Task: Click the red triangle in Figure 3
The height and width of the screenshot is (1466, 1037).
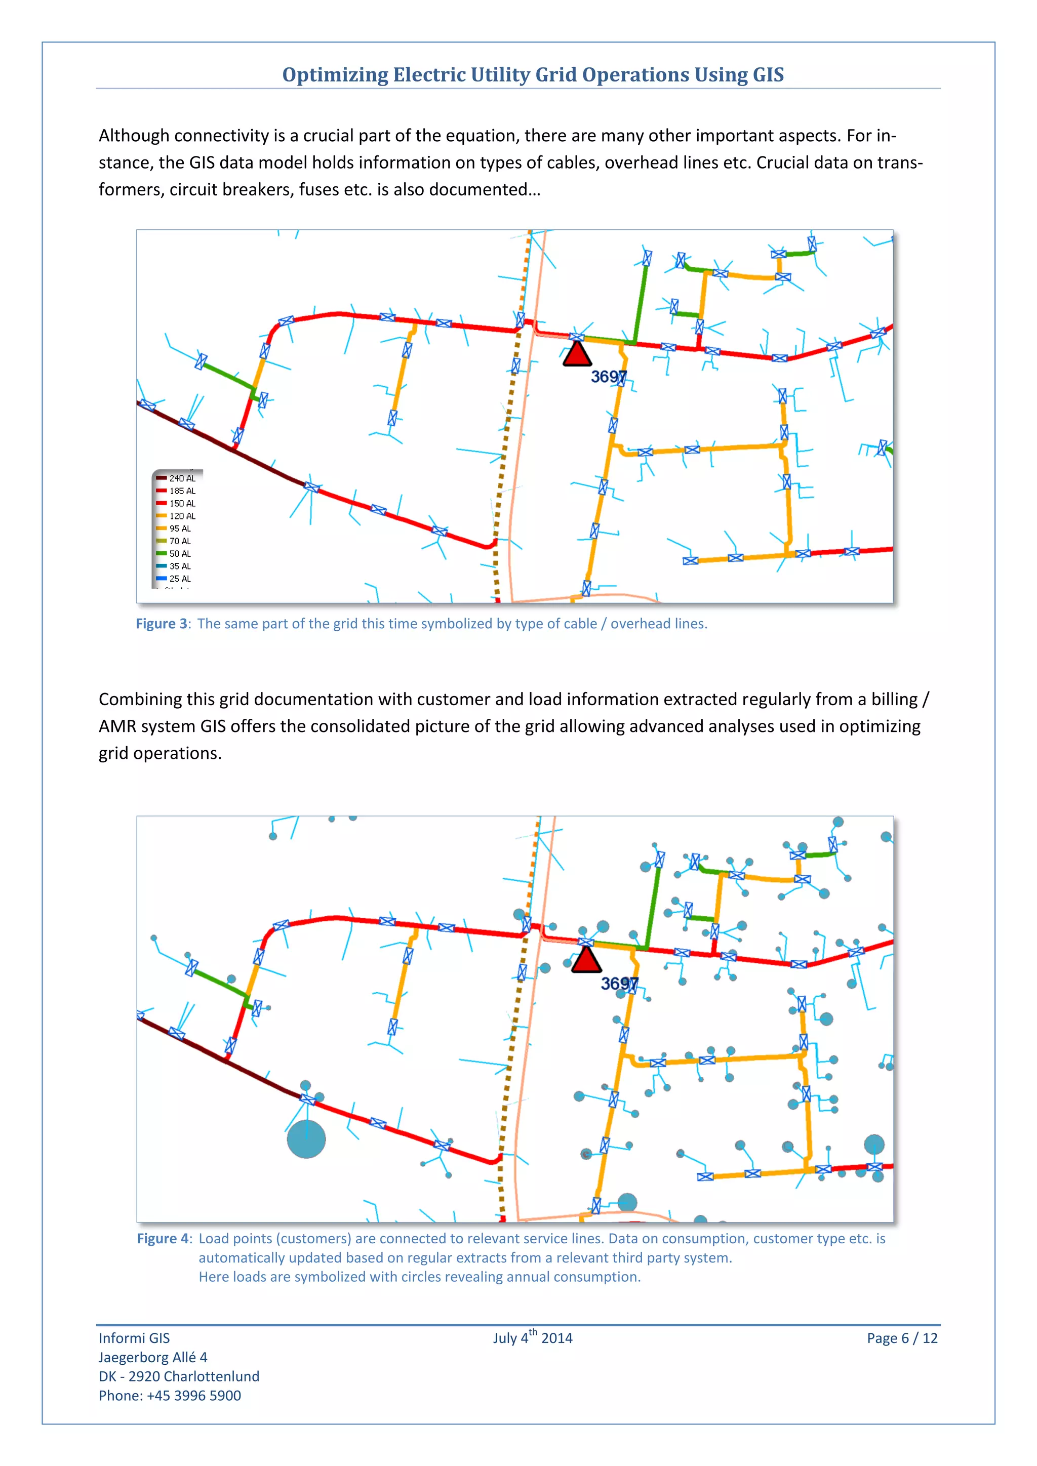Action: pos(577,355)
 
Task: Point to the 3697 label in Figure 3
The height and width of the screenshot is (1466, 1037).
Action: pos(608,377)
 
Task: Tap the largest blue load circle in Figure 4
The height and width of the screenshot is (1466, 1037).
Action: pos(306,1139)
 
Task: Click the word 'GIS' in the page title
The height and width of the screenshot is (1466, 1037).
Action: pos(768,75)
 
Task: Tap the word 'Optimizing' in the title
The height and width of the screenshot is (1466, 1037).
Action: pos(335,75)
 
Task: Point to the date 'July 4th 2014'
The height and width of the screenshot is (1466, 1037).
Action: pos(533,1337)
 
